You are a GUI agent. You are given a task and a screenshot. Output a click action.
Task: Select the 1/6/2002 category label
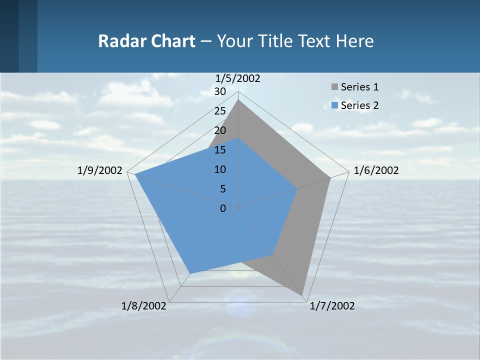(x=376, y=170)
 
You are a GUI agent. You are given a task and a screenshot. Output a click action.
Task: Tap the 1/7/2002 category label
(x=332, y=305)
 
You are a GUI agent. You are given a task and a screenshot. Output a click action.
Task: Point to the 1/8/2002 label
(x=143, y=305)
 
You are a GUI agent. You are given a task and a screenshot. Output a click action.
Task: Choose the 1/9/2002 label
(x=99, y=170)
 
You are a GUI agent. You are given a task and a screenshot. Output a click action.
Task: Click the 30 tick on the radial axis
(x=219, y=91)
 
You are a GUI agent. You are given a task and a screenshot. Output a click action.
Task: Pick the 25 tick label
(x=219, y=111)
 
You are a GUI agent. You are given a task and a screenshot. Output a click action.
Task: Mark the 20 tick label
(x=219, y=130)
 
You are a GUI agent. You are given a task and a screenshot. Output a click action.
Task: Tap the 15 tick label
(x=219, y=150)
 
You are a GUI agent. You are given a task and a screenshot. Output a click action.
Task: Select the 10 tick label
(x=219, y=169)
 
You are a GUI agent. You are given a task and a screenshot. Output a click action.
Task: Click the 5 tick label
(x=222, y=189)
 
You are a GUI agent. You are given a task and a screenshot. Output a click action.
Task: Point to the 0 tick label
(x=223, y=208)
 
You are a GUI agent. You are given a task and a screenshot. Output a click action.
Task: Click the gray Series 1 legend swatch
(x=334, y=87)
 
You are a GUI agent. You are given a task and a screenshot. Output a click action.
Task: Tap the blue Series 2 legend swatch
(x=334, y=105)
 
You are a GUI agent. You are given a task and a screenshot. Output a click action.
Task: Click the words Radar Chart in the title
(x=146, y=41)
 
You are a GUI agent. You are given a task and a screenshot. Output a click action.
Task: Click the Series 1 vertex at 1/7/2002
(x=303, y=296)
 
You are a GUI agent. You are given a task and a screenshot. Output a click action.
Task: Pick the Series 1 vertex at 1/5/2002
(x=238, y=100)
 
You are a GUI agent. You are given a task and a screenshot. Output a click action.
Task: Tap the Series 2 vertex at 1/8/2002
(x=190, y=273)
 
